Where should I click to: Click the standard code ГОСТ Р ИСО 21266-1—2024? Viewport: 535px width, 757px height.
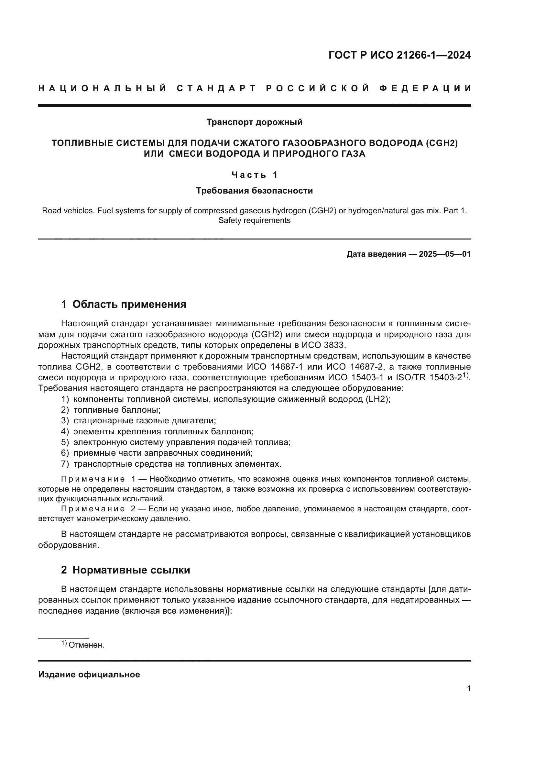(x=399, y=55)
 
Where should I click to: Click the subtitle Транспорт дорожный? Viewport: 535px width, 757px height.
(x=254, y=122)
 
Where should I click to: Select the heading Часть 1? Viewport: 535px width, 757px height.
(x=254, y=175)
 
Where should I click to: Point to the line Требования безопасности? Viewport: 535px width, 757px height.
(x=254, y=191)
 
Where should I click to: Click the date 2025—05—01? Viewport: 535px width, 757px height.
(x=445, y=254)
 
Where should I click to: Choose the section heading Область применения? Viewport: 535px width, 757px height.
(x=129, y=304)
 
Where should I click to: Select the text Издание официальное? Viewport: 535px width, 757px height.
(x=89, y=674)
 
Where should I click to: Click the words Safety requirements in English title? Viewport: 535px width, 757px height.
(x=254, y=221)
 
